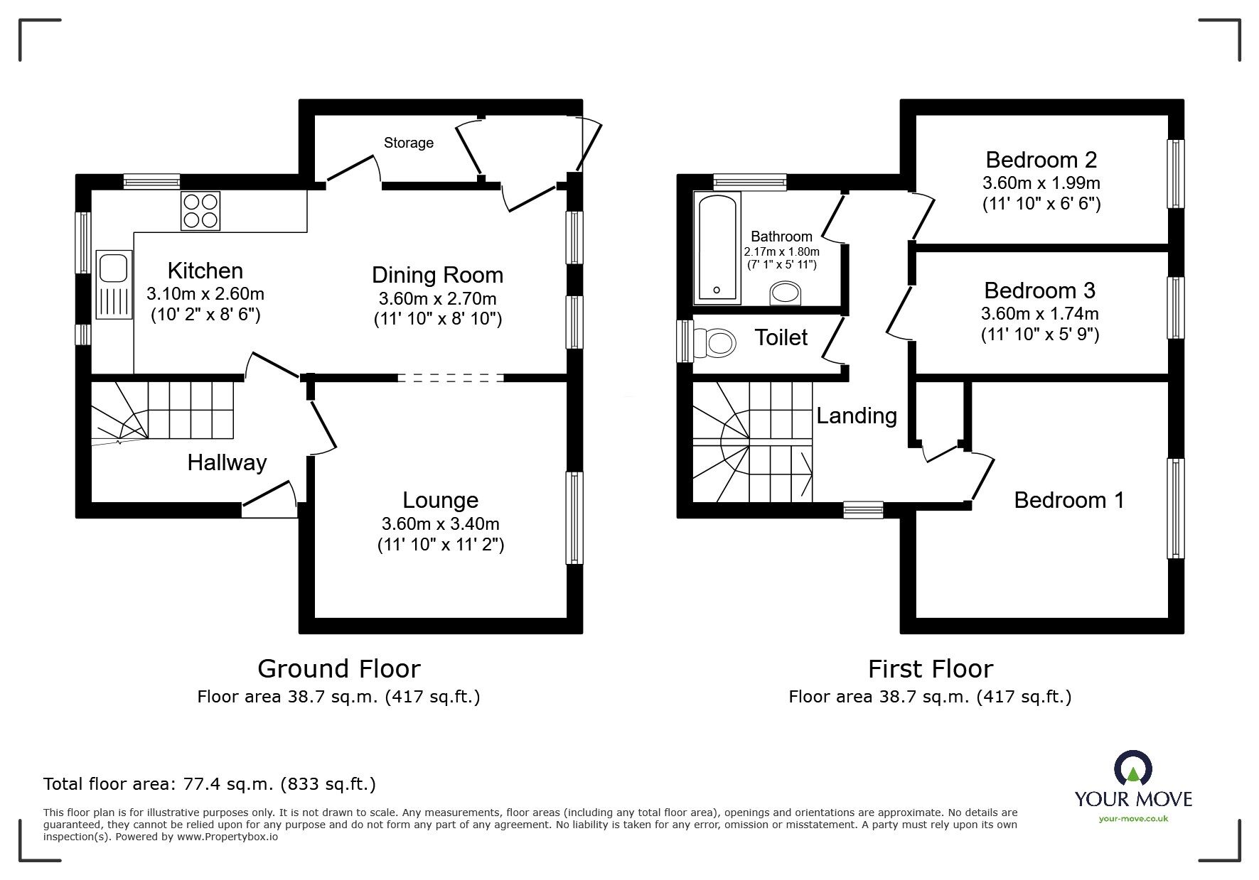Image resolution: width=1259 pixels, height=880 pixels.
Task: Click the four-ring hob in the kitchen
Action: pyautogui.click(x=200, y=210)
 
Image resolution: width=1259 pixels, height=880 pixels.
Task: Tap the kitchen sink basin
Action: pyautogui.click(x=113, y=268)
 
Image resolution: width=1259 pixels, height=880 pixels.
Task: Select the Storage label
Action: pyautogui.click(x=408, y=143)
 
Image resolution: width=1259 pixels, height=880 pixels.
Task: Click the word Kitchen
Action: pyautogui.click(x=205, y=271)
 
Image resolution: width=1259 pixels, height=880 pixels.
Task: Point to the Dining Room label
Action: pyautogui.click(x=437, y=275)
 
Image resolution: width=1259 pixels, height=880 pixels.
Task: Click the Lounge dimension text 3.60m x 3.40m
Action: pyautogui.click(x=440, y=524)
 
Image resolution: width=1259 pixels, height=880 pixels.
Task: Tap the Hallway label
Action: pyautogui.click(x=227, y=463)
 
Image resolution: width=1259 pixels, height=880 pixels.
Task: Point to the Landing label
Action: pyautogui.click(x=856, y=415)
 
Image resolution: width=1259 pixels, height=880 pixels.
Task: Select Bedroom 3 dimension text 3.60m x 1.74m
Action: pyautogui.click(x=1039, y=313)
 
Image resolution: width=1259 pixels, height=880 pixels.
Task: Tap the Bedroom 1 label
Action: pyautogui.click(x=1068, y=500)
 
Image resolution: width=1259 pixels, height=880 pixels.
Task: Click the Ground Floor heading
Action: pyautogui.click(x=338, y=669)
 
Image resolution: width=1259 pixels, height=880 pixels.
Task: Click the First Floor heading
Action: pyautogui.click(x=930, y=669)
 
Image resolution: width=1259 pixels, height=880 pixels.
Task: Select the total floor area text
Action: pyautogui.click(x=210, y=784)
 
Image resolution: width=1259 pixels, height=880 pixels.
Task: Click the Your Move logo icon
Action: pyautogui.click(x=1133, y=770)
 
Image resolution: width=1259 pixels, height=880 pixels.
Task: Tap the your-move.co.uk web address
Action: pyautogui.click(x=1133, y=819)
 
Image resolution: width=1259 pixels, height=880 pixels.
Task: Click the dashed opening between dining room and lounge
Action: pyautogui.click(x=451, y=378)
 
